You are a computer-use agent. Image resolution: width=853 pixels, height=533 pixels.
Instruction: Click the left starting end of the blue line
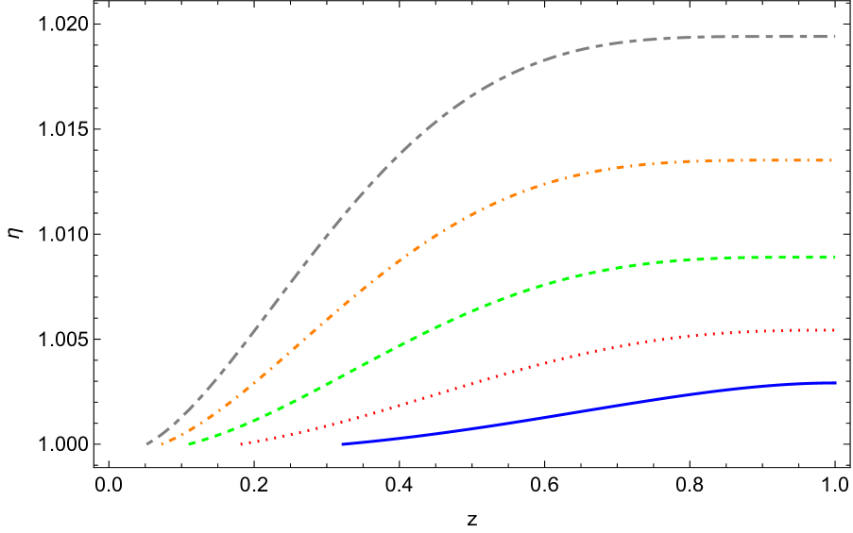[x=343, y=443]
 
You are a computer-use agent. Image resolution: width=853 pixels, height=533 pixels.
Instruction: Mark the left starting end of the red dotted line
[x=241, y=443]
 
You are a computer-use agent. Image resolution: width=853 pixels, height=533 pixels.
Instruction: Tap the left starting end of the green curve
[x=190, y=443]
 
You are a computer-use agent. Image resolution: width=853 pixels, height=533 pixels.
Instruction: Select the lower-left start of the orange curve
[x=162, y=443]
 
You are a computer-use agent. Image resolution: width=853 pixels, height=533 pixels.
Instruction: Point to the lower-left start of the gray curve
[x=147, y=443]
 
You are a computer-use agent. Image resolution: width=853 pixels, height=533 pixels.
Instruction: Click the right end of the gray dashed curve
[x=835, y=37]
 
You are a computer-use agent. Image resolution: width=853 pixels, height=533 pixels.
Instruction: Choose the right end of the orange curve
[x=831, y=161]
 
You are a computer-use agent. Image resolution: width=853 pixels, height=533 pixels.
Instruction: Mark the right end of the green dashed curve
[x=835, y=258]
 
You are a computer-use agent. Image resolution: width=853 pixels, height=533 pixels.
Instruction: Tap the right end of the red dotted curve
[x=835, y=330]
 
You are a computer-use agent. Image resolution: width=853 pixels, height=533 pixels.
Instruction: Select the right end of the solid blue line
[x=835, y=383]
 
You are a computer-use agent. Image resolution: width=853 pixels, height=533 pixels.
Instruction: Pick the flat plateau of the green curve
[x=765, y=258]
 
